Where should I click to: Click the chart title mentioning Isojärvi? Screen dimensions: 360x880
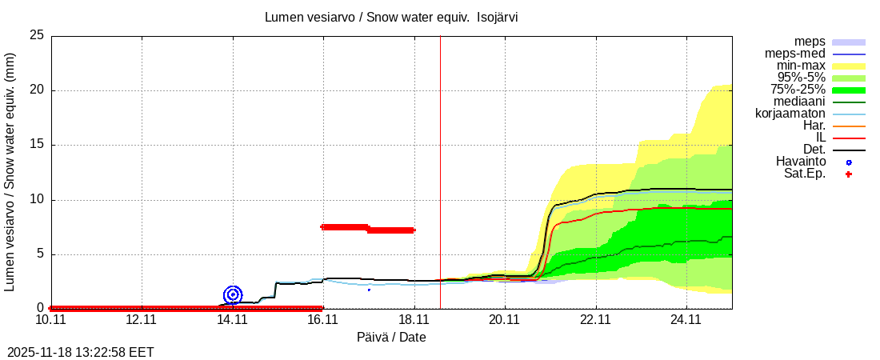point(391,17)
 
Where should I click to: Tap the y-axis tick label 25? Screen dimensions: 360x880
point(36,35)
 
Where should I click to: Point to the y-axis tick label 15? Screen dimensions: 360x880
point(36,145)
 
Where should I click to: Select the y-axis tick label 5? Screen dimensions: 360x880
point(39,254)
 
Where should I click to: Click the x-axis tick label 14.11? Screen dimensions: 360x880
point(232,319)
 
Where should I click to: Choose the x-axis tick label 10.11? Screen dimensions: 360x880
point(51,319)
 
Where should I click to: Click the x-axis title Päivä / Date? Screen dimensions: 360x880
point(391,338)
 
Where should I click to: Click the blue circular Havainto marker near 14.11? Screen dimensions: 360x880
point(233,294)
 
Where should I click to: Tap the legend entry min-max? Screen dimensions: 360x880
point(801,66)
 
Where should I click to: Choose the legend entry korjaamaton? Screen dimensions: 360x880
point(790,114)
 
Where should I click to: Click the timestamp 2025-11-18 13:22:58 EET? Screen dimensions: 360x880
point(81,352)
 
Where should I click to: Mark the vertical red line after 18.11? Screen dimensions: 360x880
point(440,160)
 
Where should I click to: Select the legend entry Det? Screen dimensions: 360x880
point(814,150)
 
